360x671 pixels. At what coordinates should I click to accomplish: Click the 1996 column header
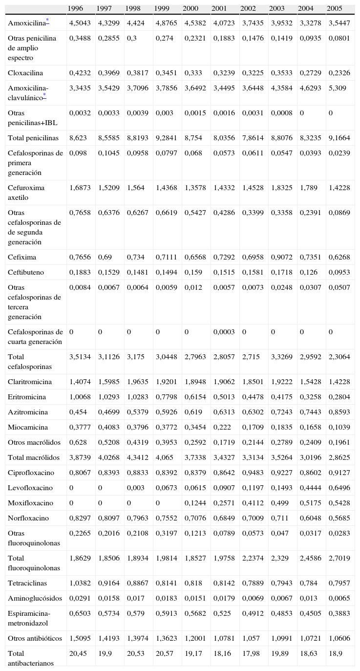coord(75,8)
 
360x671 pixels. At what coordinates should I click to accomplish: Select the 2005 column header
coord(335,8)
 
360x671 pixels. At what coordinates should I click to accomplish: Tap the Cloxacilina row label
coord(25,73)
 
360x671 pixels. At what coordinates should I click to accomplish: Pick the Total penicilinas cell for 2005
coord(339,138)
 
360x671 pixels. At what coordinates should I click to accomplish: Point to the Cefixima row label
coord(22,257)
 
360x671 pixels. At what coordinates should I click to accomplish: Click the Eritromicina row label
coord(27,397)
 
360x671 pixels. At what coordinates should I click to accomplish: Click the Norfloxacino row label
coord(27,518)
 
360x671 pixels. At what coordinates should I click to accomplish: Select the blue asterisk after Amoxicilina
coord(47,21)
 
